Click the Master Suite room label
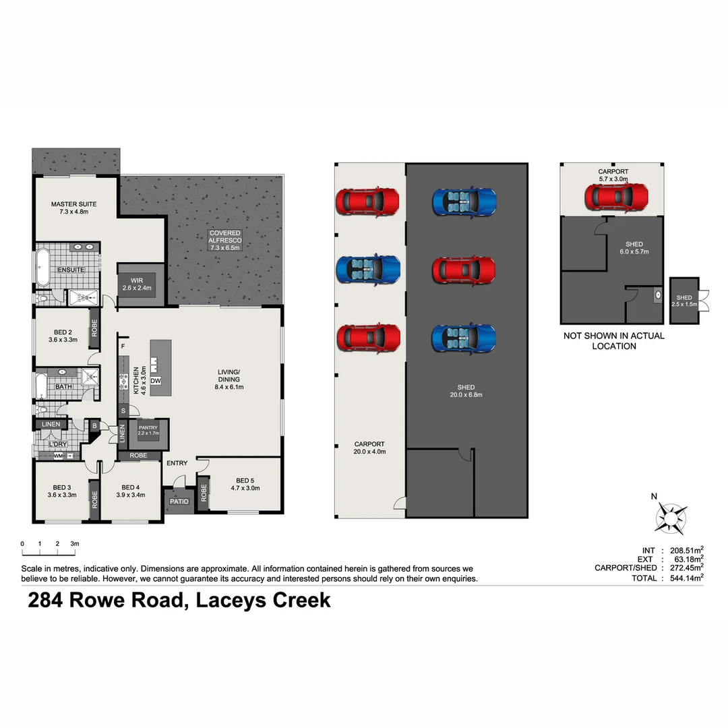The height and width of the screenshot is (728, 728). coord(74,208)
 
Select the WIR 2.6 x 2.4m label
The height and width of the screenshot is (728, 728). coord(137,284)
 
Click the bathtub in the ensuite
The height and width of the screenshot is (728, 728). coord(43,269)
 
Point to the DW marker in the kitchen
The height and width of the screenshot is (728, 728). coord(156,381)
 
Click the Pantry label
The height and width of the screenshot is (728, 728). coord(148,431)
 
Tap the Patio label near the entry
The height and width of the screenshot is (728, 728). coord(179,502)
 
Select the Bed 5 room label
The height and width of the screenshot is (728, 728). coord(245,484)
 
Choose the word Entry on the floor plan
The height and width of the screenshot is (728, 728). coord(177,463)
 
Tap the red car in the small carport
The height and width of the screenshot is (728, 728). coord(616,197)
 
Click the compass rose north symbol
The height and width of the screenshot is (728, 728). coord(671,518)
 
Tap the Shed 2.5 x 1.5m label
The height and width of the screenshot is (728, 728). coord(684,301)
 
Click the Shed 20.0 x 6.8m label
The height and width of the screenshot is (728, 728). coord(466,391)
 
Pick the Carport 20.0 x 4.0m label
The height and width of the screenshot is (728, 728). coord(369,448)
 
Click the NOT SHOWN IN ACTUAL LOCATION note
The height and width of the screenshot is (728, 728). coord(613,340)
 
